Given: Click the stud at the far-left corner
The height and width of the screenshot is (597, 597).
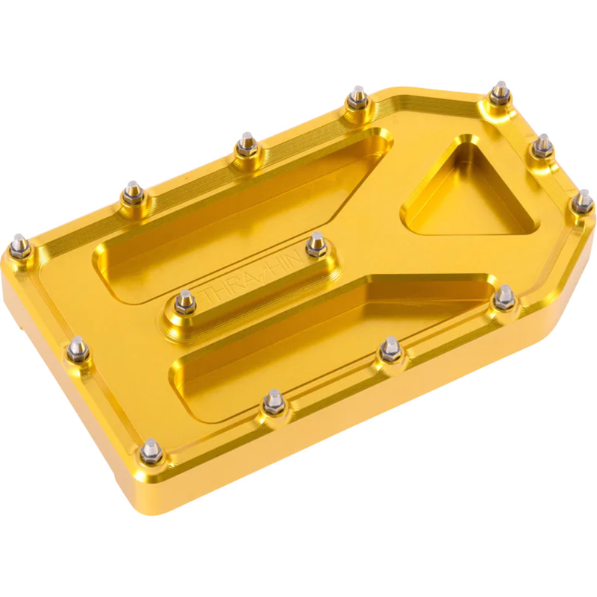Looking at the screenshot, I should pos(21,245).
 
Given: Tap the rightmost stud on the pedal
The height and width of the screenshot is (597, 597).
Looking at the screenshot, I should pos(583,201).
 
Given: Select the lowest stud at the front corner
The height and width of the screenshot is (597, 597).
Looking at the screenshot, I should pos(151,450).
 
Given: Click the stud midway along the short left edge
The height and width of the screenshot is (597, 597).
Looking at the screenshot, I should pos(78,347).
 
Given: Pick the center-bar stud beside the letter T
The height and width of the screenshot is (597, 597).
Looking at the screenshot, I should pos(185,301).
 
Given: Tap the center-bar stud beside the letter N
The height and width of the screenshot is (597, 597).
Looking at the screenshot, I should pos(316,243).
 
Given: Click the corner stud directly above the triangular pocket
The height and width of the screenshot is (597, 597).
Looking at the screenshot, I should pos(499,93).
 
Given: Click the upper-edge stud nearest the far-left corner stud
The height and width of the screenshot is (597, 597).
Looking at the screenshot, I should pos(133,192).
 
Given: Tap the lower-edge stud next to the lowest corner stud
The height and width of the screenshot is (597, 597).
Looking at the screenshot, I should pos(274,401).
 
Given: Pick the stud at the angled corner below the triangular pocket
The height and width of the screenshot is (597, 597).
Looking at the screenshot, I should pos(504,296).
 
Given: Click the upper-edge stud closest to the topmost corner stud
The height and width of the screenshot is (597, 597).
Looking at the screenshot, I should pos(358,97).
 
